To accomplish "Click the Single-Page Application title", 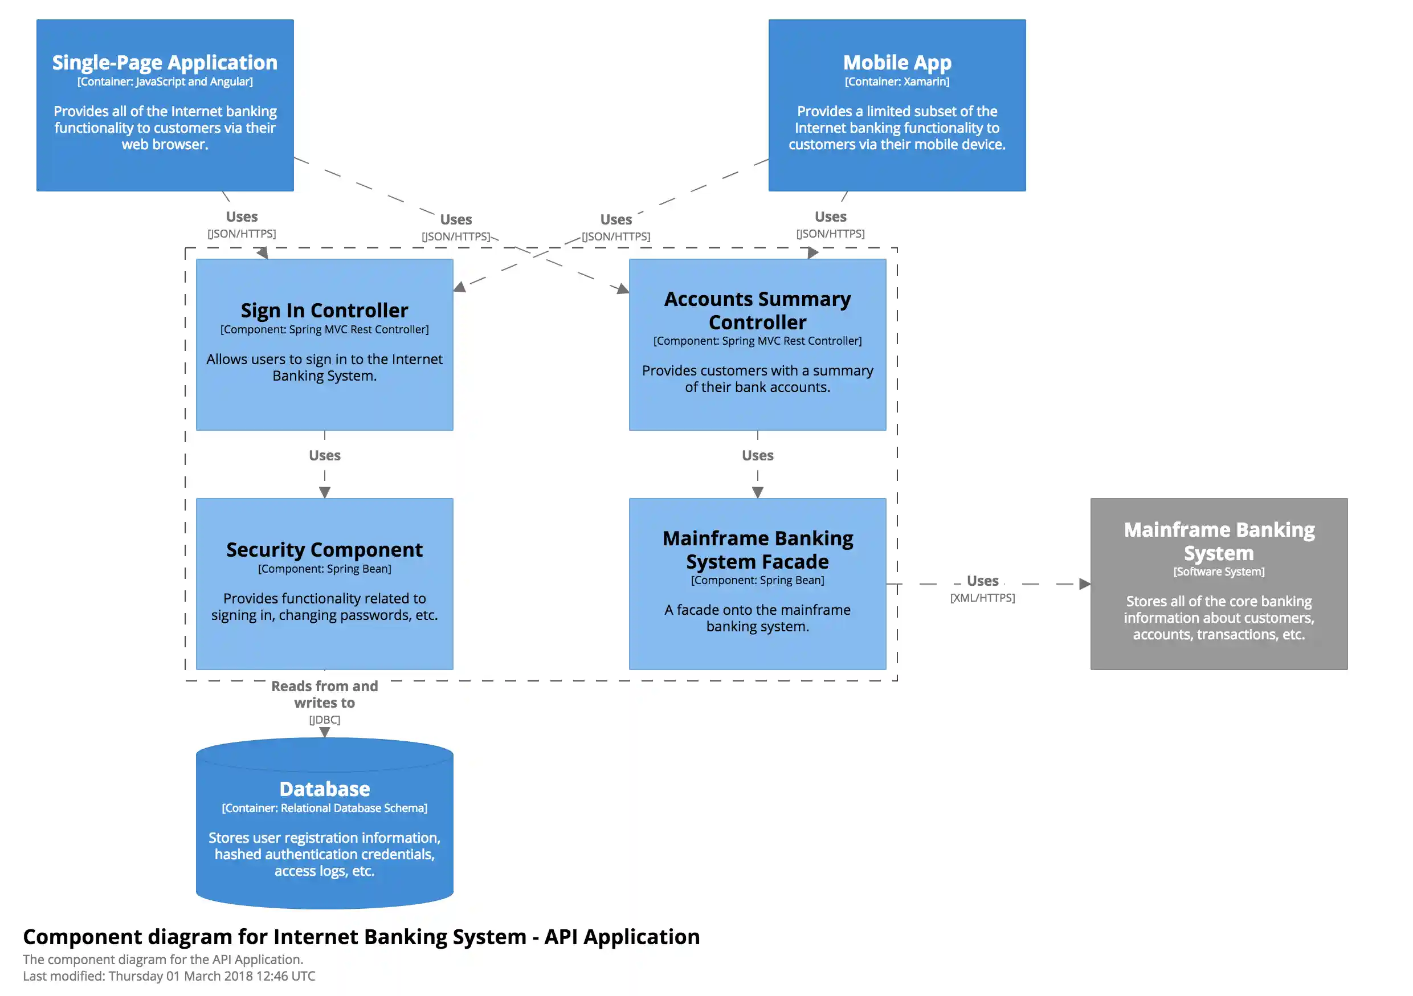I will pyautogui.click(x=164, y=63).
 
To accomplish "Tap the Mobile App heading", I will pyautogui.click(x=897, y=63).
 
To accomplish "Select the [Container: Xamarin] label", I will pyautogui.click(x=897, y=82).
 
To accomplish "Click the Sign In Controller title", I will pyautogui.click(x=324, y=310).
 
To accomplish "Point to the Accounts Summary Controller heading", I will pyautogui.click(x=757, y=310).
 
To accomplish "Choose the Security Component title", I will pyautogui.click(x=324, y=550).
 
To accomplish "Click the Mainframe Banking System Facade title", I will pyautogui.click(x=757, y=550).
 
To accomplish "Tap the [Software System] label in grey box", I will pyautogui.click(x=1219, y=572).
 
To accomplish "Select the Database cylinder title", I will pyautogui.click(x=324, y=789).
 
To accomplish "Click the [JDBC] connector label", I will pyautogui.click(x=324, y=720).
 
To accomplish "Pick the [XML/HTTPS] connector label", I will pyautogui.click(x=982, y=598).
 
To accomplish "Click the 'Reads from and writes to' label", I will pyautogui.click(x=324, y=695).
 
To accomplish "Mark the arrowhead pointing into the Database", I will pyautogui.click(x=324, y=733).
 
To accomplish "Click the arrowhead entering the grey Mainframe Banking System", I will pyautogui.click(x=1084, y=583).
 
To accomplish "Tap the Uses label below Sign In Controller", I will pyautogui.click(x=324, y=455).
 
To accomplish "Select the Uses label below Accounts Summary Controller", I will pyautogui.click(x=757, y=455).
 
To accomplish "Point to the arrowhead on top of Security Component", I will pyautogui.click(x=324, y=492).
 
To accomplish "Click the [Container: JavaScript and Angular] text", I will pyautogui.click(x=164, y=82).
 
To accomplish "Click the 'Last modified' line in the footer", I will pyautogui.click(x=169, y=976).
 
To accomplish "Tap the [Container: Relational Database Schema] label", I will pyautogui.click(x=324, y=808).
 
